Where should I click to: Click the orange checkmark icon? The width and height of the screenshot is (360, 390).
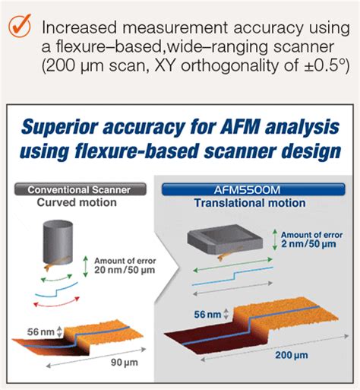point(20,26)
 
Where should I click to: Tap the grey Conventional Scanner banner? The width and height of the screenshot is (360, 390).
point(81,189)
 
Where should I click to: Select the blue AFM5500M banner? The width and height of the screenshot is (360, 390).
point(254,189)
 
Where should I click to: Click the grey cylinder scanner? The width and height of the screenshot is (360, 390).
point(58,243)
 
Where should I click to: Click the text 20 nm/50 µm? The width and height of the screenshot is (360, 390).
point(125,270)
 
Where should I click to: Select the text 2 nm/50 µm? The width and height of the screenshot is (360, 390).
point(308,244)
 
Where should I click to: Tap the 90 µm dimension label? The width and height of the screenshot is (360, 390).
point(125,363)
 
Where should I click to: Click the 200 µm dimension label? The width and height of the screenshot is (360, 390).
point(292,355)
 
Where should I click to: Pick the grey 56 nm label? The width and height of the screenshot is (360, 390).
point(41,331)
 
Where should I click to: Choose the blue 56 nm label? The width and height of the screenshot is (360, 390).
point(207,315)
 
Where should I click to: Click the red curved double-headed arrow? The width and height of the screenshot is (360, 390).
point(56,303)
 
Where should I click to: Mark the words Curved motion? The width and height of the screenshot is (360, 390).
point(77,202)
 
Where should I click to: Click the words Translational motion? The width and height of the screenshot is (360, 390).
point(250,203)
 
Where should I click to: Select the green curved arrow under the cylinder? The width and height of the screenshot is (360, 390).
point(57,279)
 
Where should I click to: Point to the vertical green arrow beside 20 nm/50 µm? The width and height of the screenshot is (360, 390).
point(86,266)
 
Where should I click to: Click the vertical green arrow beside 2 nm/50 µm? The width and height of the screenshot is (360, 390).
point(275,239)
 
